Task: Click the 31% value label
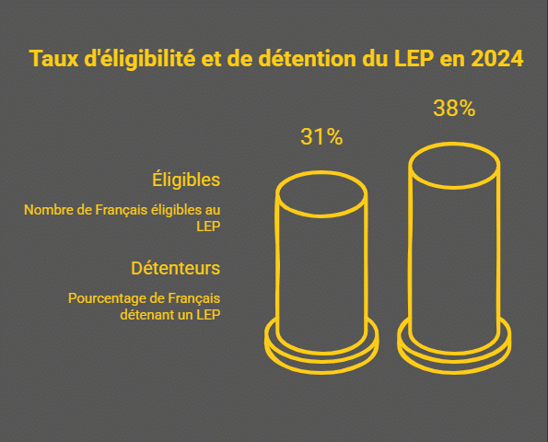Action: tap(321, 138)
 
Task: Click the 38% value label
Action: tap(454, 109)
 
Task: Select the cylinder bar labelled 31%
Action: tap(321, 267)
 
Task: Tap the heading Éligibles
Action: tap(186, 179)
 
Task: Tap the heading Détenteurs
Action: tap(175, 269)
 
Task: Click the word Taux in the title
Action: tap(50, 60)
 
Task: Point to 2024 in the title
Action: tap(496, 60)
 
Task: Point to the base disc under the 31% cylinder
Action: tap(321, 348)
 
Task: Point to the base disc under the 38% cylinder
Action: tap(454, 350)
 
